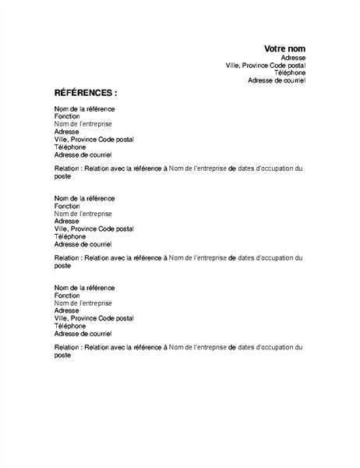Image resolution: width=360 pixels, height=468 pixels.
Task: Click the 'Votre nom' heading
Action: point(284,48)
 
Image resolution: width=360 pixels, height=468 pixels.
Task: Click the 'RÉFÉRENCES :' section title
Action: point(85,92)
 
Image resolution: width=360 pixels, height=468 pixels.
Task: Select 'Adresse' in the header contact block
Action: point(293,58)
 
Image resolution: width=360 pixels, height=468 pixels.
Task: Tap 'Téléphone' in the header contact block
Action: point(290,73)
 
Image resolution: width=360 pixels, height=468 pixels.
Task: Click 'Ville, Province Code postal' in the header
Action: point(266,66)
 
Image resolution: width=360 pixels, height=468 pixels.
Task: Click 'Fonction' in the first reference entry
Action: point(67,116)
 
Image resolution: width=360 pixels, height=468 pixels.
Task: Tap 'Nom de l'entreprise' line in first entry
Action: point(83,124)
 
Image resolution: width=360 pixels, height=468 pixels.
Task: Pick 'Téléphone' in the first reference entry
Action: point(70,147)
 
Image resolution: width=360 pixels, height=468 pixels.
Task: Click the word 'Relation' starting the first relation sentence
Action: point(67,168)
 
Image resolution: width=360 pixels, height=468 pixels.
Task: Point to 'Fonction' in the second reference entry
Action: point(67,206)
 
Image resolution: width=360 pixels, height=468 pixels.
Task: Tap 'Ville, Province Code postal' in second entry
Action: point(94,229)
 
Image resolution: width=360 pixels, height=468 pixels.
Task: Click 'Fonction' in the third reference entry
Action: point(67,295)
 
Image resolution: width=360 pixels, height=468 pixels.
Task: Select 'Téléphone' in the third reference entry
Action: point(70,326)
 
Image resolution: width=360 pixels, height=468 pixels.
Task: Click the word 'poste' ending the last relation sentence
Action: point(62,355)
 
